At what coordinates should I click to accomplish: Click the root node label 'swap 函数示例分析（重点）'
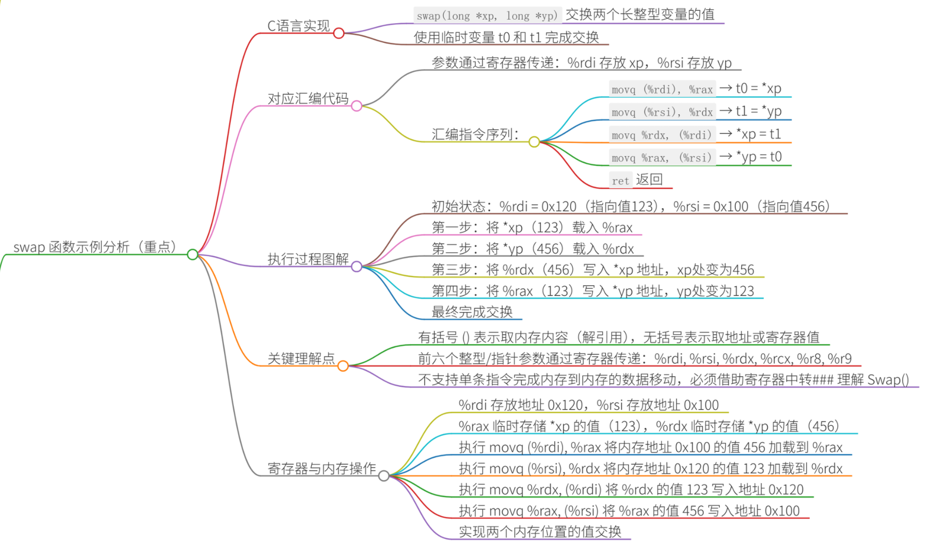pyautogui.click(x=95, y=247)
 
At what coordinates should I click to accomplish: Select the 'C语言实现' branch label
pyautogui.click(x=298, y=26)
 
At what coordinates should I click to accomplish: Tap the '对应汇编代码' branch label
pyautogui.click(x=308, y=98)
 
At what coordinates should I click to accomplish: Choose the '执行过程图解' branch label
pyautogui.click(x=308, y=259)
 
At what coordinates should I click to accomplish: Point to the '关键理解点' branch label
pyautogui.click(x=301, y=359)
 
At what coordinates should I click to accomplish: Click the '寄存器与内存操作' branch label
pyautogui.click(x=322, y=468)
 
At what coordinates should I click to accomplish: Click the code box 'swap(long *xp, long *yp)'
pyautogui.click(x=487, y=15)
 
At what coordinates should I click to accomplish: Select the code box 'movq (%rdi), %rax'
pyautogui.click(x=662, y=89)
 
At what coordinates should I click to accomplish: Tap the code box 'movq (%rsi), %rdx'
pyautogui.click(x=662, y=112)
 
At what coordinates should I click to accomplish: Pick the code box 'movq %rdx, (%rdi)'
pyautogui.click(x=662, y=135)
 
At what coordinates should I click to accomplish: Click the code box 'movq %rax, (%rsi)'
pyautogui.click(x=662, y=158)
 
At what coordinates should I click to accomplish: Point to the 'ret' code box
pyautogui.click(x=620, y=180)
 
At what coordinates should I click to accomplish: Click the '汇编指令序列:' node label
pyautogui.click(x=475, y=134)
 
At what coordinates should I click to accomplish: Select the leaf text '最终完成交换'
pyautogui.click(x=472, y=312)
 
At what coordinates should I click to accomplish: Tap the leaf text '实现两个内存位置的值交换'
pyautogui.click(x=540, y=532)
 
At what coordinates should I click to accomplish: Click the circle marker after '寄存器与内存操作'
pyautogui.click(x=384, y=476)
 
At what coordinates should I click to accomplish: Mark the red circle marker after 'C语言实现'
pyautogui.click(x=339, y=34)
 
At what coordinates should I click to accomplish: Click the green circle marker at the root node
pyautogui.click(x=192, y=254)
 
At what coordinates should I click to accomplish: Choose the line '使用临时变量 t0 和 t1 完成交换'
pyautogui.click(x=506, y=37)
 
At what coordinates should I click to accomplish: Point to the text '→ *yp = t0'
pyautogui.click(x=751, y=157)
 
